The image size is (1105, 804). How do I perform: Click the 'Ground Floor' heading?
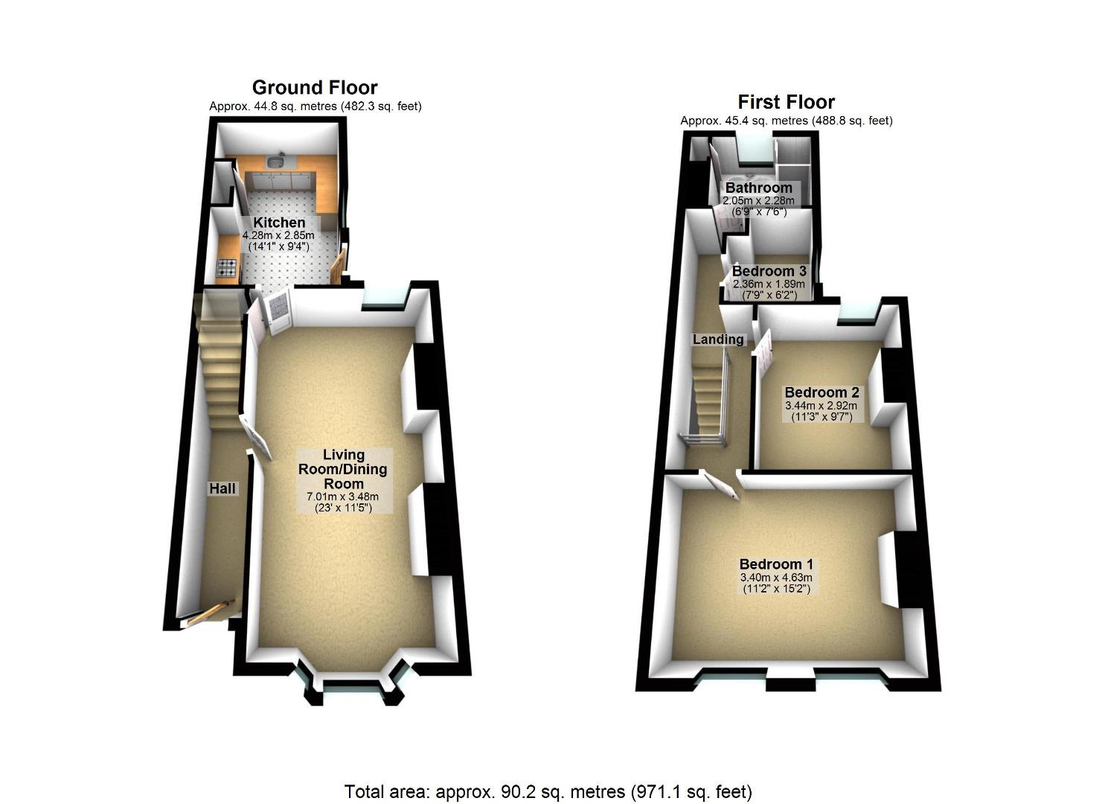[x=315, y=88]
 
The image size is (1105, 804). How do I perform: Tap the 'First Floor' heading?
[x=786, y=102]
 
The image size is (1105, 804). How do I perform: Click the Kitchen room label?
[x=279, y=223]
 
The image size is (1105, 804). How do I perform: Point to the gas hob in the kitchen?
[x=228, y=268]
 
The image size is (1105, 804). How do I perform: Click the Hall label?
[x=222, y=489]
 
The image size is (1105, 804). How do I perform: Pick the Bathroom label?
[x=758, y=188]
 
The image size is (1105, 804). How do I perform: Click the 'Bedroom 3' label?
[x=769, y=272]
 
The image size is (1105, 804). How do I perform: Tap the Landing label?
[x=718, y=339]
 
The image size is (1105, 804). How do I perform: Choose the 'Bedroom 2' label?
[x=821, y=392]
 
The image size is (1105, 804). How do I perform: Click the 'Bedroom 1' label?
[x=776, y=564]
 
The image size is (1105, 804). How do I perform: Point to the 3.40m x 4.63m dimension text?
[x=775, y=578]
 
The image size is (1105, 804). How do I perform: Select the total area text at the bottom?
[x=548, y=791]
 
